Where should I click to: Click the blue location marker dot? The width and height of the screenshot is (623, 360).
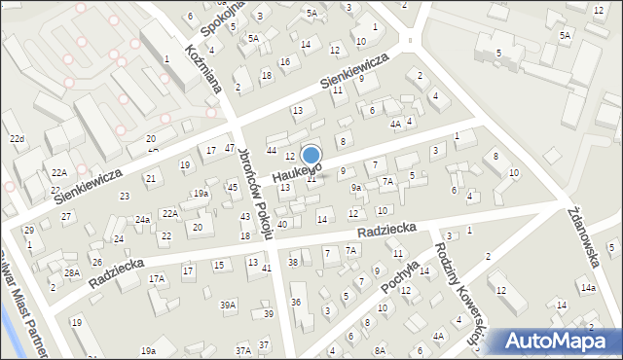coord(311,155)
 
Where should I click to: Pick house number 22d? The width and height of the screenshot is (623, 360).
coord(17,139)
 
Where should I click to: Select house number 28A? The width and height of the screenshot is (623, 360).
coord(72,273)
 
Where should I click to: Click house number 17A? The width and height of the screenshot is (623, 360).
coord(157,279)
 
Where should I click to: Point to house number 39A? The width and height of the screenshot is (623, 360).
coord(228,305)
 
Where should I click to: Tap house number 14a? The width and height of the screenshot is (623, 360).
coord(588,288)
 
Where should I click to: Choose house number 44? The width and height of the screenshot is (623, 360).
coord(272,150)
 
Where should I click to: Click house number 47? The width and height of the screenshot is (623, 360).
coord(230,149)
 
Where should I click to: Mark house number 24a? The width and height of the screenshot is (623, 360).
coord(142,220)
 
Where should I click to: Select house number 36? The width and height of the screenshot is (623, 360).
coord(296,303)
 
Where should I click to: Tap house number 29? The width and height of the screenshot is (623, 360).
coord(29,230)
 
